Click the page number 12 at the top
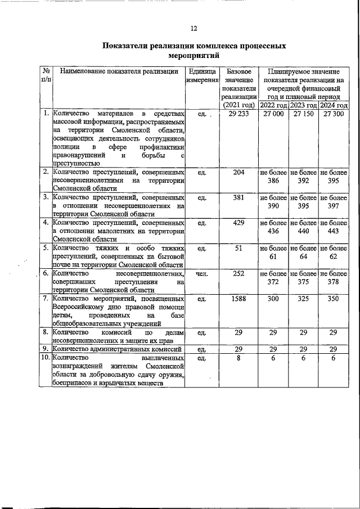(193, 28)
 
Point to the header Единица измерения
(202, 76)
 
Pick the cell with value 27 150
(304, 114)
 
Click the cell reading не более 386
(274, 177)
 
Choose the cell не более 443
(334, 227)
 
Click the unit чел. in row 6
(202, 273)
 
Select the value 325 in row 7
(304, 299)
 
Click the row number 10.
(44, 358)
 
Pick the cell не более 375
(304, 278)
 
